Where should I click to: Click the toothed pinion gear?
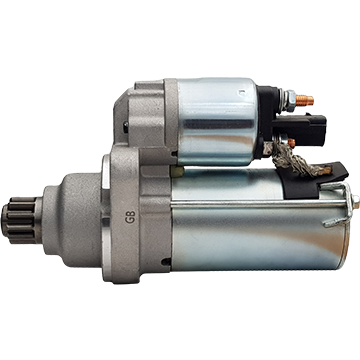[19, 220]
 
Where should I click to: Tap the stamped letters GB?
[130, 217]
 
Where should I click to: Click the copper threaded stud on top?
[304, 100]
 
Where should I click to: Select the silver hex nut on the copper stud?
[290, 100]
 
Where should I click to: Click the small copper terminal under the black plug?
[292, 143]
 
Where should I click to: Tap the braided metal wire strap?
[293, 162]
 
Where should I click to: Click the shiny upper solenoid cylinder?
[217, 122]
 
